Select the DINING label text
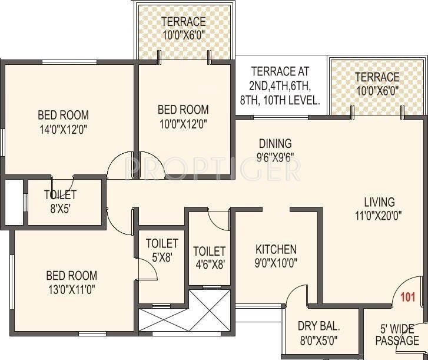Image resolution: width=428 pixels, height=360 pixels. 276,143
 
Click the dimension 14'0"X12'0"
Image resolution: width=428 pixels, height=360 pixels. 63,128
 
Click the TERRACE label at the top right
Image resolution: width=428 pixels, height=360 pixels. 377,77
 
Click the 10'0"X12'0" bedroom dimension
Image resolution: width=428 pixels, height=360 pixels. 183,123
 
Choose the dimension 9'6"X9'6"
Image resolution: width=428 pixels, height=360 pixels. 276,157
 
